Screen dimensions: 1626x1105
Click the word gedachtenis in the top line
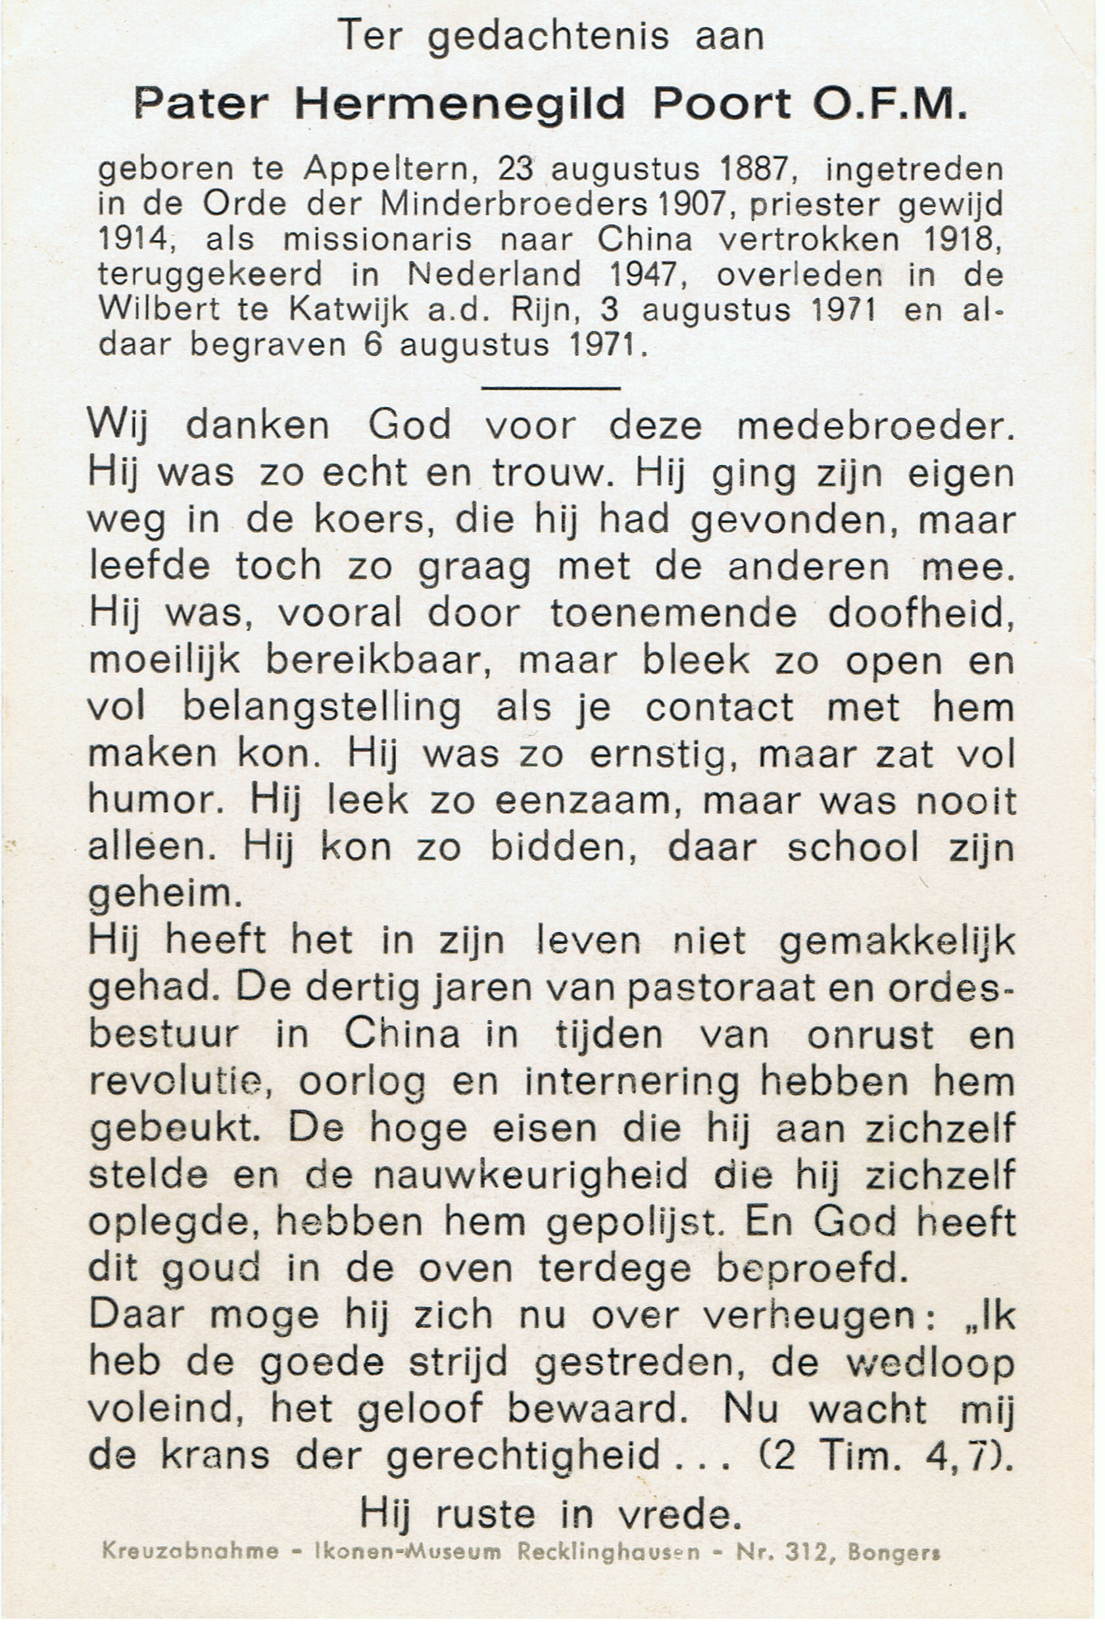tap(547, 37)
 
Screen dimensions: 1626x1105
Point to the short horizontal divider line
tap(551, 387)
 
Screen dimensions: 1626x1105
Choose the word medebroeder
tap(875, 427)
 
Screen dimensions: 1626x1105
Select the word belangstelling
tap(321, 709)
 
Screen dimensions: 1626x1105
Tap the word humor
tap(155, 802)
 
